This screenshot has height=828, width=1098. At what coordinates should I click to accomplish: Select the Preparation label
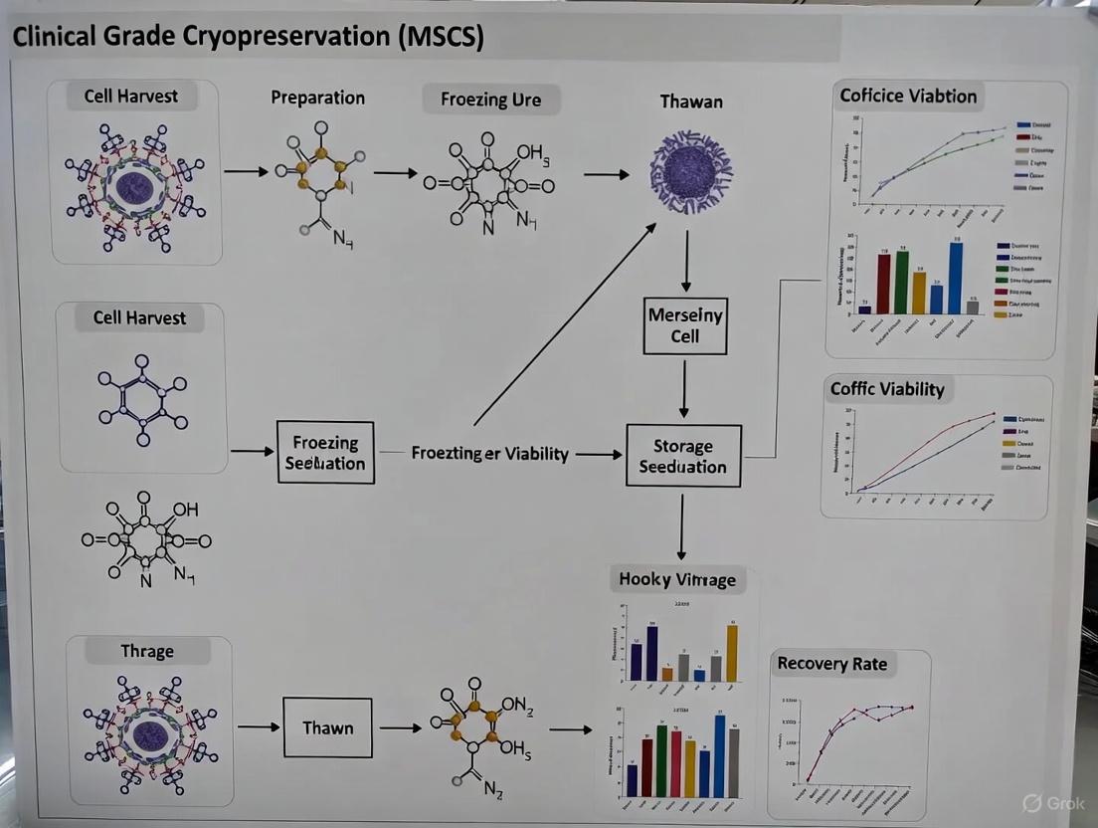tap(317, 98)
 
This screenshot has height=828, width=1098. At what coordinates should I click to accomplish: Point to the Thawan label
tap(691, 101)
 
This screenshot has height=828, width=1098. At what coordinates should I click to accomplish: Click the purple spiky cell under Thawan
tap(690, 169)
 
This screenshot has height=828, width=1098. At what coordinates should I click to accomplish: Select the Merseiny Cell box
tap(684, 325)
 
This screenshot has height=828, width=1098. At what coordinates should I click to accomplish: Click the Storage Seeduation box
tap(683, 456)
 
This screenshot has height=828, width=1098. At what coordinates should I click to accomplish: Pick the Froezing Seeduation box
tap(325, 452)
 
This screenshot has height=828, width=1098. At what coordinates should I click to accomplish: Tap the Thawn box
tap(327, 727)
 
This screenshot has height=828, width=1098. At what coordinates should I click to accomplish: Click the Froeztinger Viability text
tap(490, 454)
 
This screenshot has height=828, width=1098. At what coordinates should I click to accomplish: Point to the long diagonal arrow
tap(565, 323)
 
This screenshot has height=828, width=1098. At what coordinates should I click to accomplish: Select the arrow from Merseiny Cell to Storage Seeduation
tap(684, 387)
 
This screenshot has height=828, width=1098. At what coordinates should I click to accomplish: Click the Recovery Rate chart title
tap(831, 664)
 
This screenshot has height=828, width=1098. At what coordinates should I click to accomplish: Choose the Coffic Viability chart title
tap(887, 389)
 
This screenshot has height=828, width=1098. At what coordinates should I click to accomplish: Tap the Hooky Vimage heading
tap(677, 579)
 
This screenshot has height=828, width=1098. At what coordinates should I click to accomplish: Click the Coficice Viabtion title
tap(908, 96)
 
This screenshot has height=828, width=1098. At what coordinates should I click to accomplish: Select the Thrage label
tap(147, 652)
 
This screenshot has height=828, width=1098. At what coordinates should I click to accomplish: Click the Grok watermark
tap(1055, 803)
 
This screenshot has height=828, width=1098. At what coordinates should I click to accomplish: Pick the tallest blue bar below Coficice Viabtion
tap(956, 279)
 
